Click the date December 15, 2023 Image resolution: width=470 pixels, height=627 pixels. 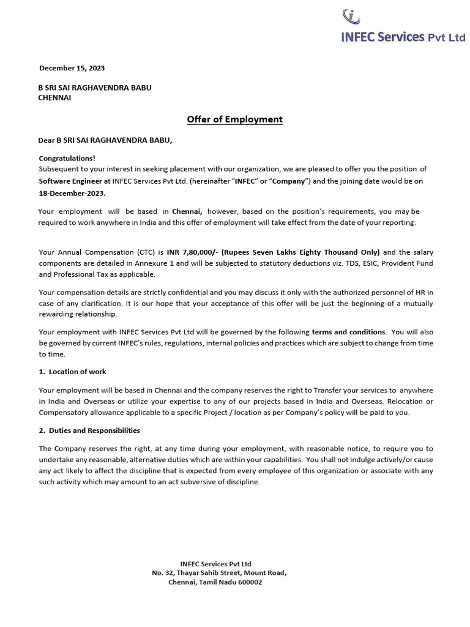point(67,68)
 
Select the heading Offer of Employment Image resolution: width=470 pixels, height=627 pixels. point(235,119)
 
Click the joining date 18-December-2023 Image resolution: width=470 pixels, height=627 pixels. point(72,193)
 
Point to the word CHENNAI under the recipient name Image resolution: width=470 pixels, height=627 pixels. point(54,97)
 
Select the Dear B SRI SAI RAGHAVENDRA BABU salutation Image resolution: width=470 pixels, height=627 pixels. point(105,140)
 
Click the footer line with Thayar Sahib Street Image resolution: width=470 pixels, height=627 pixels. point(218,573)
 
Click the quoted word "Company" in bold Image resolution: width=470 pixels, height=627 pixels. point(291,181)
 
